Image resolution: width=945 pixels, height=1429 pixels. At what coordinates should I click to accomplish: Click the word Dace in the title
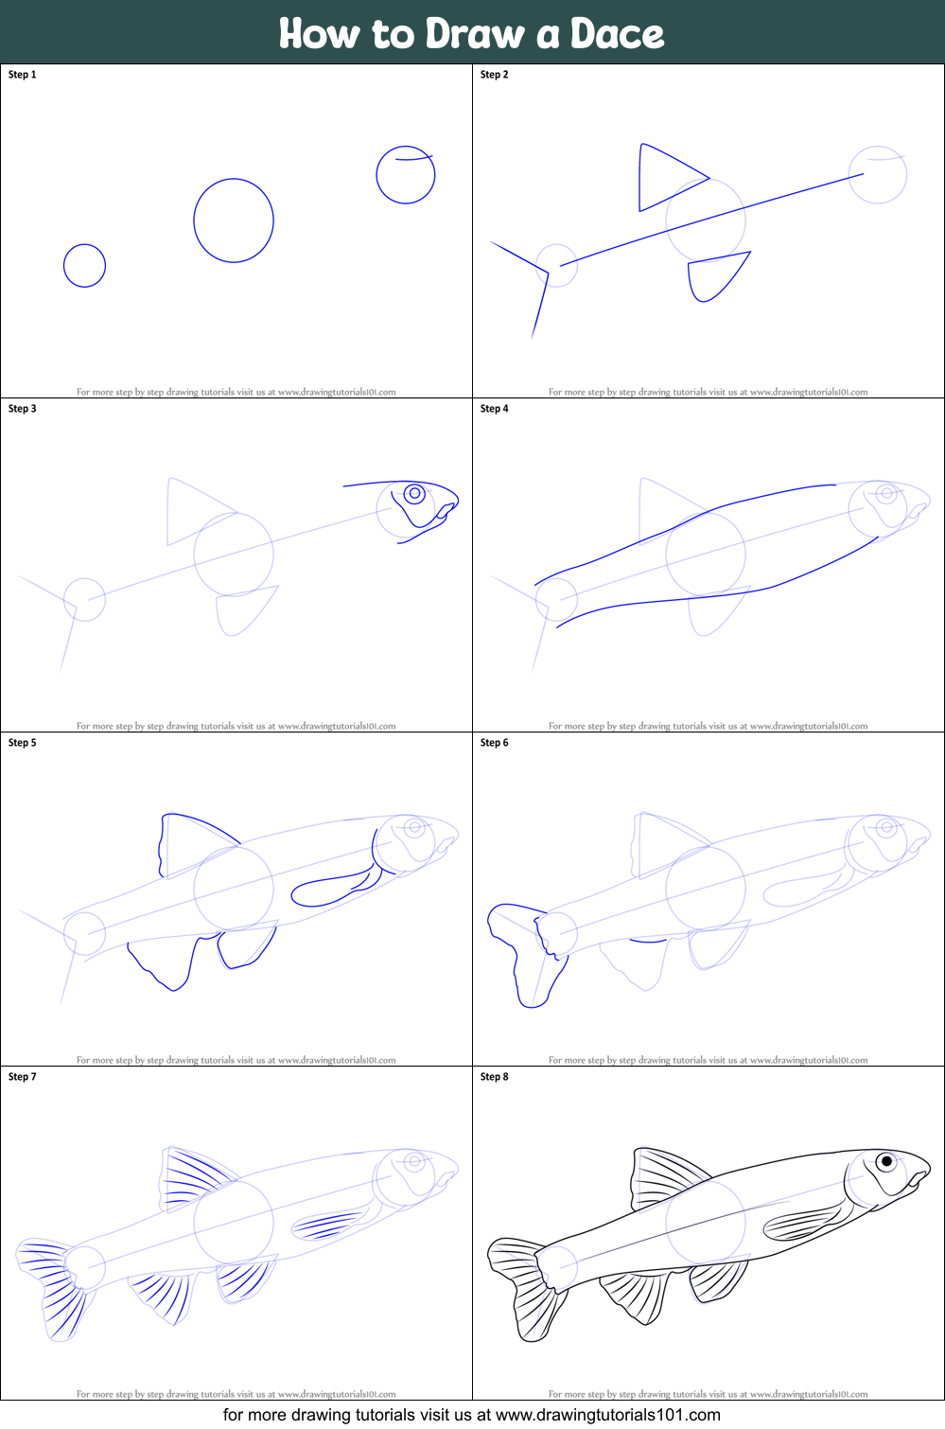point(616,34)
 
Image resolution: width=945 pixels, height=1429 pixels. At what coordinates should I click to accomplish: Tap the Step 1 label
point(23,75)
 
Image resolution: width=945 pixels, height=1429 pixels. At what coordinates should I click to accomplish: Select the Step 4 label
point(494,409)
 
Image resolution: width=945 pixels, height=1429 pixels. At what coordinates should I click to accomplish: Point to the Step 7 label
point(23,1077)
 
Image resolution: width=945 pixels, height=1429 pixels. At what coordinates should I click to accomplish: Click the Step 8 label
point(494,1077)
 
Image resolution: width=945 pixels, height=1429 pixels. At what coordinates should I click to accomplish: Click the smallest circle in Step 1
point(84,266)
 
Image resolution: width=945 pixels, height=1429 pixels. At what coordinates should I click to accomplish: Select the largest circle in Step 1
point(234,221)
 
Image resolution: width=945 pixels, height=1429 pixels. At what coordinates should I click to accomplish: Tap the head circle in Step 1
point(406,175)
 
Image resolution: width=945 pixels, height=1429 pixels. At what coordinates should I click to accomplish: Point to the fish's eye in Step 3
point(414,493)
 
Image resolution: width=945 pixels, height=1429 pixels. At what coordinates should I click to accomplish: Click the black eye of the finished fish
point(886,1160)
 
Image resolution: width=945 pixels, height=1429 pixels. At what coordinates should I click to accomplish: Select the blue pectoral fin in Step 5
point(331,889)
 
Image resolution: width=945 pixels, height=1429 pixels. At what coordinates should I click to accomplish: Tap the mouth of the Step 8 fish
point(918,1179)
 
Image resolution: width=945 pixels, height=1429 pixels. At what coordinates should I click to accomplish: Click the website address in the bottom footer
point(607,1416)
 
